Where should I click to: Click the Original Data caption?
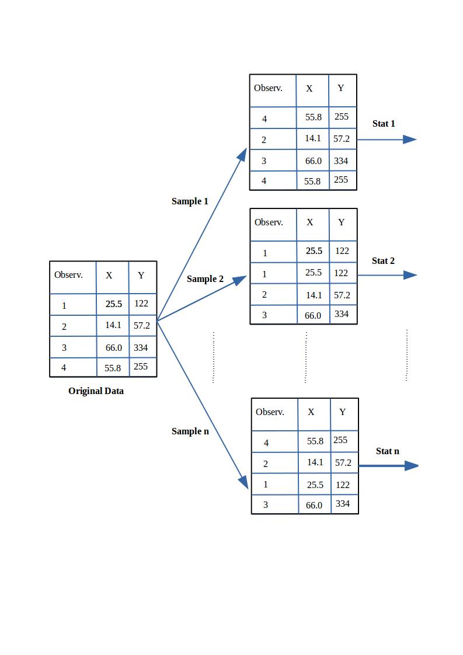[x=96, y=391]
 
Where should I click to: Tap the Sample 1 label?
[x=190, y=201]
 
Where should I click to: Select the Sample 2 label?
[x=205, y=279]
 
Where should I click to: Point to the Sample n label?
[x=190, y=431]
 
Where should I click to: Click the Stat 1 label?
[x=384, y=124]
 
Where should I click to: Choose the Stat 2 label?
[x=383, y=261]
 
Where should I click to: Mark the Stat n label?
[x=387, y=451]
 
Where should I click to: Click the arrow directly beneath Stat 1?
[x=386, y=140]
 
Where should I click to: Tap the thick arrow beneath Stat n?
[x=388, y=466]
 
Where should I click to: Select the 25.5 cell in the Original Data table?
[x=113, y=304]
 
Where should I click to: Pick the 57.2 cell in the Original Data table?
[x=142, y=326]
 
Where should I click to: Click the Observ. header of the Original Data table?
[x=68, y=275]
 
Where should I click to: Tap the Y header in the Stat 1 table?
[x=341, y=88]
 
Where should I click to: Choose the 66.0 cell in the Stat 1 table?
[x=313, y=161]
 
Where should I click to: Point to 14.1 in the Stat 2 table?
[x=314, y=295]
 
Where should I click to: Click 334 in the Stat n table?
[x=343, y=504]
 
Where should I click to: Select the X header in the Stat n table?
[x=311, y=412]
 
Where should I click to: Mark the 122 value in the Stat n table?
[x=343, y=485]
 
